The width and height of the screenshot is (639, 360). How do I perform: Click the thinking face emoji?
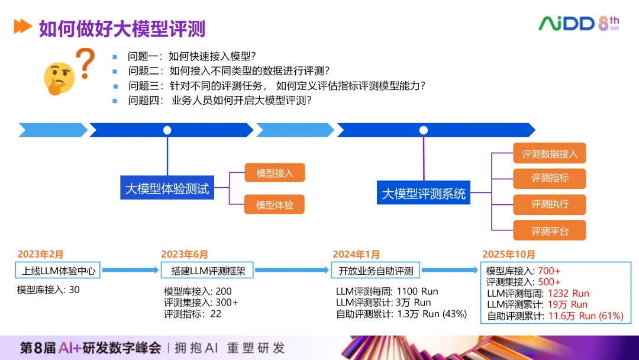click(59, 78)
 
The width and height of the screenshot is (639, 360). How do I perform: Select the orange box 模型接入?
click(275, 173)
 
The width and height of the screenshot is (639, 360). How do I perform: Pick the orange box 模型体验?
click(275, 205)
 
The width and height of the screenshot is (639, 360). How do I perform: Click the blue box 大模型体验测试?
click(167, 189)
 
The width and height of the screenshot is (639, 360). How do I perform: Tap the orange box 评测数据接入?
click(550, 154)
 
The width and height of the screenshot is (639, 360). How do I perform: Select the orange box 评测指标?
click(550, 178)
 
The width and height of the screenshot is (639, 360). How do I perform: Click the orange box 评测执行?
click(550, 204)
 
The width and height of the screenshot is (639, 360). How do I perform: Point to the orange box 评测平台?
click(550, 231)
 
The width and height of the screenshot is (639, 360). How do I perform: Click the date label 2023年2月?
click(40, 255)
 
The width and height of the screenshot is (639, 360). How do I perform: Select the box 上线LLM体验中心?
click(57, 271)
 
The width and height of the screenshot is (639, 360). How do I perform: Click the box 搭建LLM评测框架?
click(208, 271)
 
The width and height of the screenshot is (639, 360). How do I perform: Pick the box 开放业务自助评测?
click(376, 271)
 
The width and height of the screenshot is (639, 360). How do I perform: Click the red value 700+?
click(549, 271)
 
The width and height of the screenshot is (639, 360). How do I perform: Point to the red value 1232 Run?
click(569, 294)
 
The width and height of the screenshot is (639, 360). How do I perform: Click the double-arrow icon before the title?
click(22, 27)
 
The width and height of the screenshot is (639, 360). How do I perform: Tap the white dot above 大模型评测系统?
click(424, 130)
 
